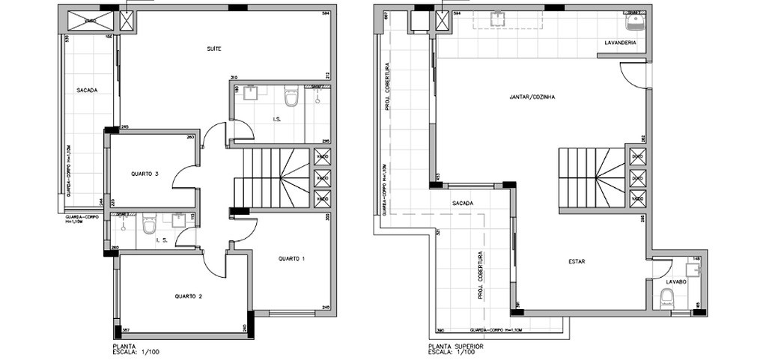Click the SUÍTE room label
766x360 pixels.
[x=214, y=49]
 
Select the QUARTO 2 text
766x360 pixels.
[x=189, y=296]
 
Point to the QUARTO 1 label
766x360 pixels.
[x=292, y=259]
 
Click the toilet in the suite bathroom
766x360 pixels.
[x=291, y=97]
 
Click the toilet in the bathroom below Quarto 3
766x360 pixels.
[x=150, y=224]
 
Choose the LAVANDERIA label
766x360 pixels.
[x=620, y=43]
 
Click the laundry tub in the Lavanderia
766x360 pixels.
[x=635, y=19]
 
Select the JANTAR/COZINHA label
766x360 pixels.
[x=532, y=97]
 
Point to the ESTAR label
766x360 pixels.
[x=576, y=262]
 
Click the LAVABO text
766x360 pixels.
[x=677, y=282]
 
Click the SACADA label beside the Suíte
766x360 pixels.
[x=87, y=91]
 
